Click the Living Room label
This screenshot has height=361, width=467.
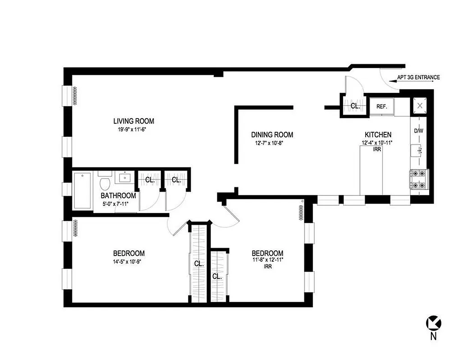133,121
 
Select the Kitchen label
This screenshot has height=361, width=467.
378,134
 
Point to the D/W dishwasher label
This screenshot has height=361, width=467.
419,131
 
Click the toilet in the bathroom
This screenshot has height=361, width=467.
105,182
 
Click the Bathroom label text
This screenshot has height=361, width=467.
118,196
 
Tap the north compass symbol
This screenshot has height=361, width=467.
434,322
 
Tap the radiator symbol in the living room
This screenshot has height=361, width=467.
76,95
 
